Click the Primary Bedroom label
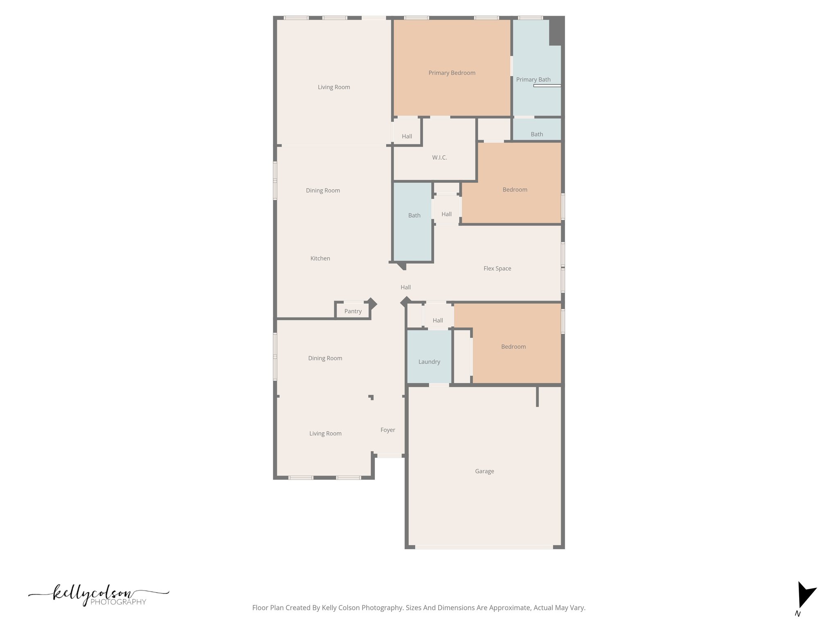(x=452, y=73)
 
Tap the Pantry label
(x=353, y=311)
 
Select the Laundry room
(x=429, y=356)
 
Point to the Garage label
(x=484, y=471)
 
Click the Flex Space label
(x=497, y=269)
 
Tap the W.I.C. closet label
(x=439, y=158)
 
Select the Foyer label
(x=387, y=430)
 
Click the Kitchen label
(x=320, y=258)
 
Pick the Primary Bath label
(x=533, y=79)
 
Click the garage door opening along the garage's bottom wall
(x=484, y=547)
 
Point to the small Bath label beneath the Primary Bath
(x=536, y=134)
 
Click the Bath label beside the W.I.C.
(x=414, y=215)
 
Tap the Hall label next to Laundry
(x=438, y=321)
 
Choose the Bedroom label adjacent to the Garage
(x=513, y=347)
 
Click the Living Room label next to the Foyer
(x=325, y=434)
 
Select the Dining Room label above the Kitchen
(x=323, y=190)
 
